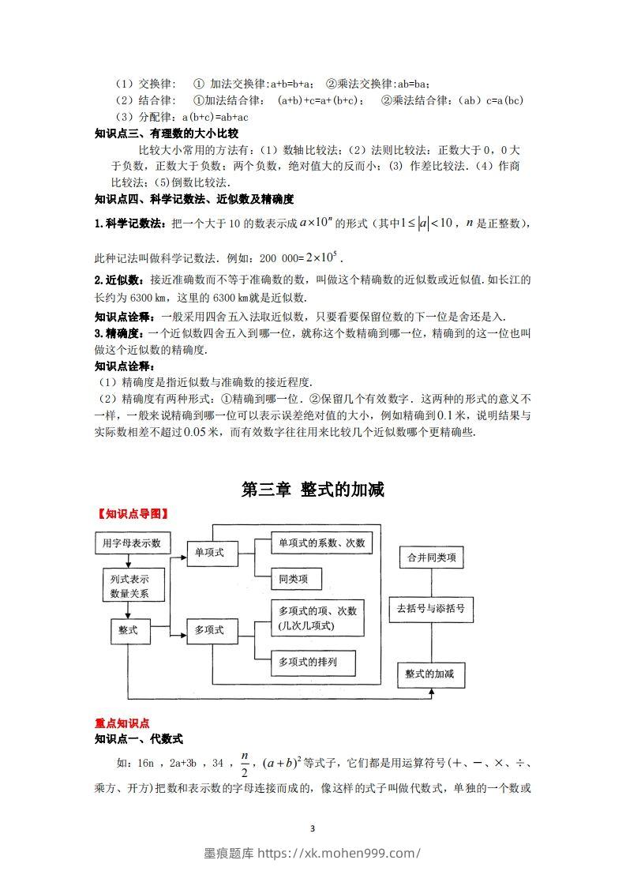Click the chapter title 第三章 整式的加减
click(313, 490)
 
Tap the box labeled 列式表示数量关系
click(129, 586)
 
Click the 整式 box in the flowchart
click(129, 629)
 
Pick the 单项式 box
click(209, 553)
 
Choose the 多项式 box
click(209, 629)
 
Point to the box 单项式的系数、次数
click(320, 543)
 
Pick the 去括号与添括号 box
click(432, 609)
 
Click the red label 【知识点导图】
click(132, 513)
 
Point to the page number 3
click(313, 828)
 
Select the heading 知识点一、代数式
click(138, 739)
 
